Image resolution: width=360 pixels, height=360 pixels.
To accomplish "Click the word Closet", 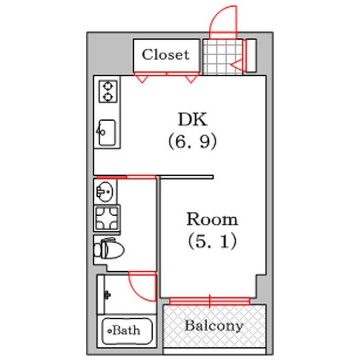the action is pyautogui.click(x=166, y=55).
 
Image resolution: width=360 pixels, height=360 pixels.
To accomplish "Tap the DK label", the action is pyautogui.click(x=193, y=119).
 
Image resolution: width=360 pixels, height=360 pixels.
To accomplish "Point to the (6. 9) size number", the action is pyautogui.click(x=193, y=141).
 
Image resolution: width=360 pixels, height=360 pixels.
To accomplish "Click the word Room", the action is pyautogui.click(x=212, y=219).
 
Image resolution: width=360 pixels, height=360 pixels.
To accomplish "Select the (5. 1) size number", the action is pyautogui.click(x=212, y=241).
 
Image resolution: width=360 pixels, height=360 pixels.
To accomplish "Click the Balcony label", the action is pyautogui.click(x=214, y=326).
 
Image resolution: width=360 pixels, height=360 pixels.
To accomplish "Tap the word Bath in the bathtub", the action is pyautogui.click(x=126, y=331).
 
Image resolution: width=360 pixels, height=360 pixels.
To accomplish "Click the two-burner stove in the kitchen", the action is pyautogui.click(x=108, y=91).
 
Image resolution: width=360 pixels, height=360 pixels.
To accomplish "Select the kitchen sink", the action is pyautogui.click(x=107, y=133).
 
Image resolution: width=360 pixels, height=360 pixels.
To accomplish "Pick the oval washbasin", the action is pyautogui.click(x=105, y=192).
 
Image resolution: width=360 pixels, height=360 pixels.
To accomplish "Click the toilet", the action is pyautogui.click(x=109, y=248).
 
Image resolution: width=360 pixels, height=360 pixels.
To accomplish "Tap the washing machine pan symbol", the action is pyautogui.click(x=107, y=218).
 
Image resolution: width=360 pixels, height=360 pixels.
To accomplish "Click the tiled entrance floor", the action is pyautogui.click(x=223, y=57).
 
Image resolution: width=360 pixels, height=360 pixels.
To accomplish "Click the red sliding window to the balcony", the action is pyautogui.click(x=209, y=301).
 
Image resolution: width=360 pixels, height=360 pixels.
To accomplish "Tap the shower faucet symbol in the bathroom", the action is pyautogui.click(x=107, y=295).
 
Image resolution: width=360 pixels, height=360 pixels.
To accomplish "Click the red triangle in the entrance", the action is pyautogui.click(x=236, y=65).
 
